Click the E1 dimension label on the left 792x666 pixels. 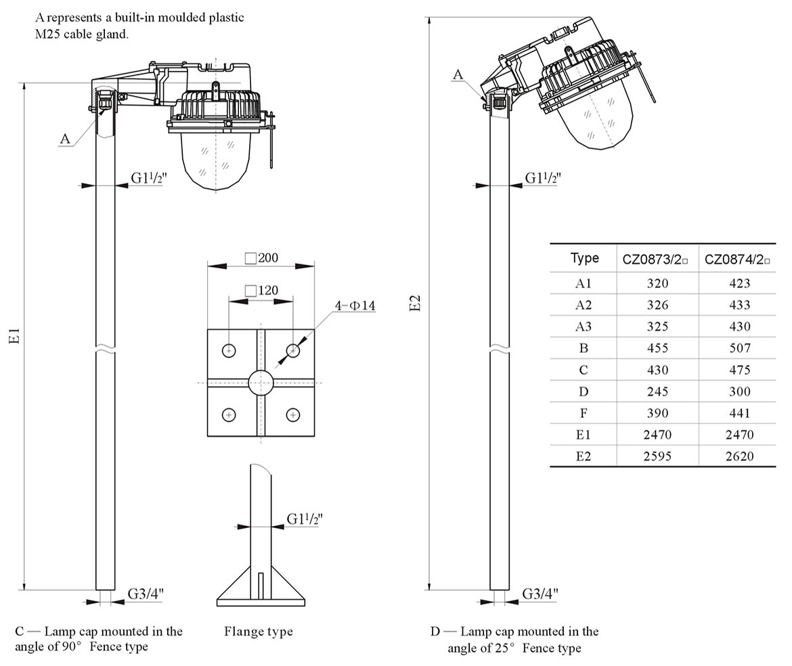point(15,336)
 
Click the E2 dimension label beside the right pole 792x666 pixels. point(416,304)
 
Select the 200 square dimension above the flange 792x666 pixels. point(262,258)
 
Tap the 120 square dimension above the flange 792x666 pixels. point(261,291)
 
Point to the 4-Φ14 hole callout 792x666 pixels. point(355,306)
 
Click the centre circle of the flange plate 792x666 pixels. point(261,383)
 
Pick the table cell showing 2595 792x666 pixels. point(657,456)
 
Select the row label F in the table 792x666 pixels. point(583,413)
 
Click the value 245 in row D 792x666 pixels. point(657,391)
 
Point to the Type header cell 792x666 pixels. point(584,258)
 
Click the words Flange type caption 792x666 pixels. point(259,632)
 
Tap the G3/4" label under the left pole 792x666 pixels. point(146,594)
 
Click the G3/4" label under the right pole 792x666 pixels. point(540,594)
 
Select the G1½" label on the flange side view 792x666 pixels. point(305,519)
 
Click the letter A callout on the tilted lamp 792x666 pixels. point(458,74)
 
